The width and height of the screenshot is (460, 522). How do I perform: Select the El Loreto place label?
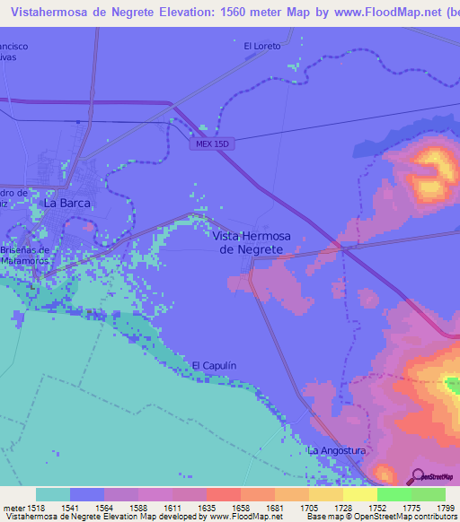262,46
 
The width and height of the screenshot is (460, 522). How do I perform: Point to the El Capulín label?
214,366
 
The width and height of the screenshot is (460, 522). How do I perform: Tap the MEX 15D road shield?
214,144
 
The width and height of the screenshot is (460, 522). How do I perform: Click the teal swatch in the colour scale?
53,494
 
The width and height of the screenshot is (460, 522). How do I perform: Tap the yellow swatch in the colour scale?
360,494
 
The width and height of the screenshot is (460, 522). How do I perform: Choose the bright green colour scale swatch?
394,494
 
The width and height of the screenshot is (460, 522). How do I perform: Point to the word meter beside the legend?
13,508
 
